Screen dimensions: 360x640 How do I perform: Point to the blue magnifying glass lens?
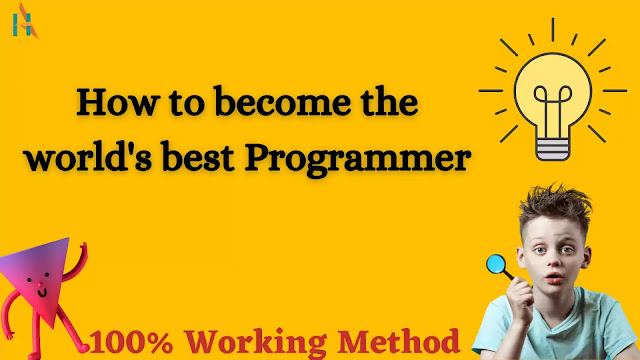click(495, 265)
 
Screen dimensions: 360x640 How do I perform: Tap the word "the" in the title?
click(386, 104)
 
